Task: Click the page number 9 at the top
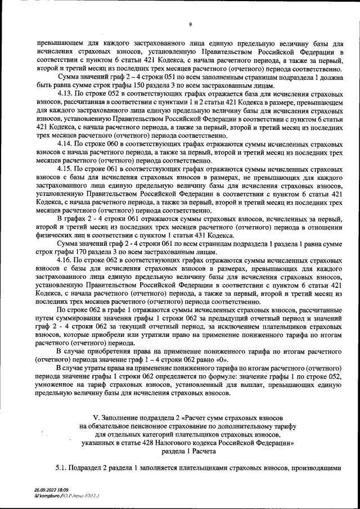pyautogui.click(x=190, y=25)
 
